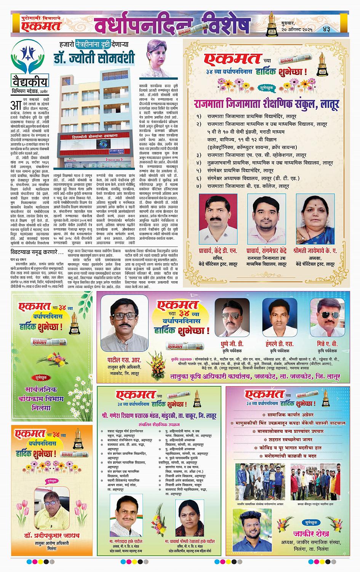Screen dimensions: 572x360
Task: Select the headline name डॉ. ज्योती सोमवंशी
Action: pos(94,58)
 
